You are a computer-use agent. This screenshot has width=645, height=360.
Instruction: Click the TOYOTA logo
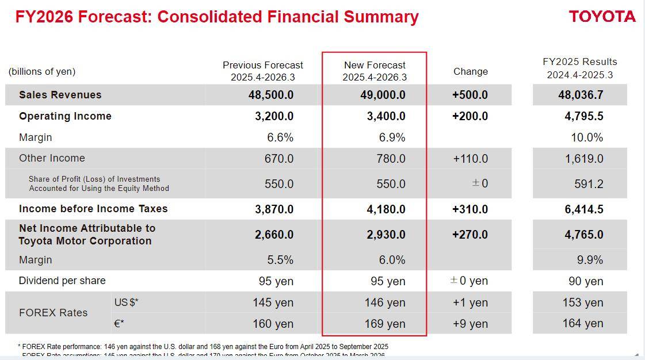point(602,17)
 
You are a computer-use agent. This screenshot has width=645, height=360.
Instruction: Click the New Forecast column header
point(375,71)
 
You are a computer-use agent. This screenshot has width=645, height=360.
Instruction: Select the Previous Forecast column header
point(263,71)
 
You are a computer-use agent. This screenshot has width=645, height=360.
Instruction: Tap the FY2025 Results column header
point(580,68)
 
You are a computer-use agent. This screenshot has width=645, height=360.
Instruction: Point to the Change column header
point(470,71)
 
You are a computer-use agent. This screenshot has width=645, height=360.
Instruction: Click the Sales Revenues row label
point(60,95)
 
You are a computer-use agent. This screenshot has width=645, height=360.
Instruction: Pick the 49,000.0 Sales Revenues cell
point(383,95)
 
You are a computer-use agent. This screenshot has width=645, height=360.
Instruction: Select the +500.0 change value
point(470,95)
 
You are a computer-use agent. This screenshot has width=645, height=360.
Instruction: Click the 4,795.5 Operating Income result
point(583,116)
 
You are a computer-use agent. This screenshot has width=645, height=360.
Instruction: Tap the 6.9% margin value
point(392,137)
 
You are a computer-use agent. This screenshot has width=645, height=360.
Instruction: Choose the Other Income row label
point(52,158)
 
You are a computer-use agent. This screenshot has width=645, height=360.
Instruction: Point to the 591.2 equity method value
point(589,184)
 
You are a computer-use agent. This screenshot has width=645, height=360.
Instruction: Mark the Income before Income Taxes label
point(93,209)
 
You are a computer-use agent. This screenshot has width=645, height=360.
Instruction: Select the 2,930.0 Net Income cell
point(386,235)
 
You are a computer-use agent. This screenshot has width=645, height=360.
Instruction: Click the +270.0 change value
point(470,235)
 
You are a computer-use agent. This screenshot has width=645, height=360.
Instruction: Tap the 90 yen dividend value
point(586,281)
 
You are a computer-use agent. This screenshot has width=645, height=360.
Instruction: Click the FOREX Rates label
point(53,313)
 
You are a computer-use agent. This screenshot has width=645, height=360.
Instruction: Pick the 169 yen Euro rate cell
point(384,324)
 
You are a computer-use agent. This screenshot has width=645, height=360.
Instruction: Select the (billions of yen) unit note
point(41,71)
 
